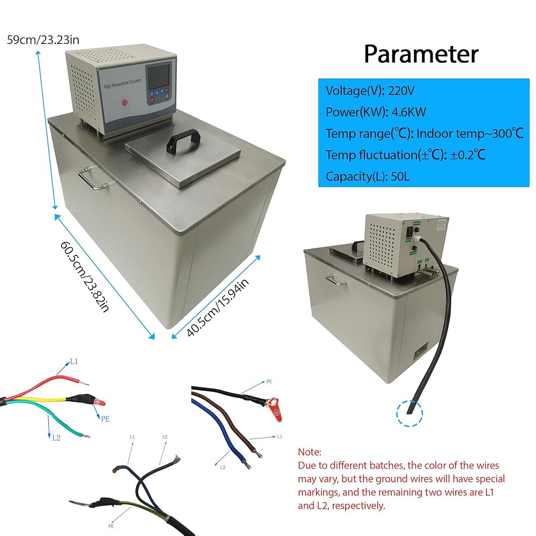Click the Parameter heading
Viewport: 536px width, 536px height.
coord(421,54)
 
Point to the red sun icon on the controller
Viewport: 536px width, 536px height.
coord(124,102)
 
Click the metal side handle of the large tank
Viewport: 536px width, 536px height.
coord(92,178)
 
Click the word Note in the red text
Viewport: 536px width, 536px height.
coord(309,452)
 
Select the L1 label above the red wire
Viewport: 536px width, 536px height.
coord(73,362)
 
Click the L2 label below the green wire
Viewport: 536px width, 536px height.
coord(56,437)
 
